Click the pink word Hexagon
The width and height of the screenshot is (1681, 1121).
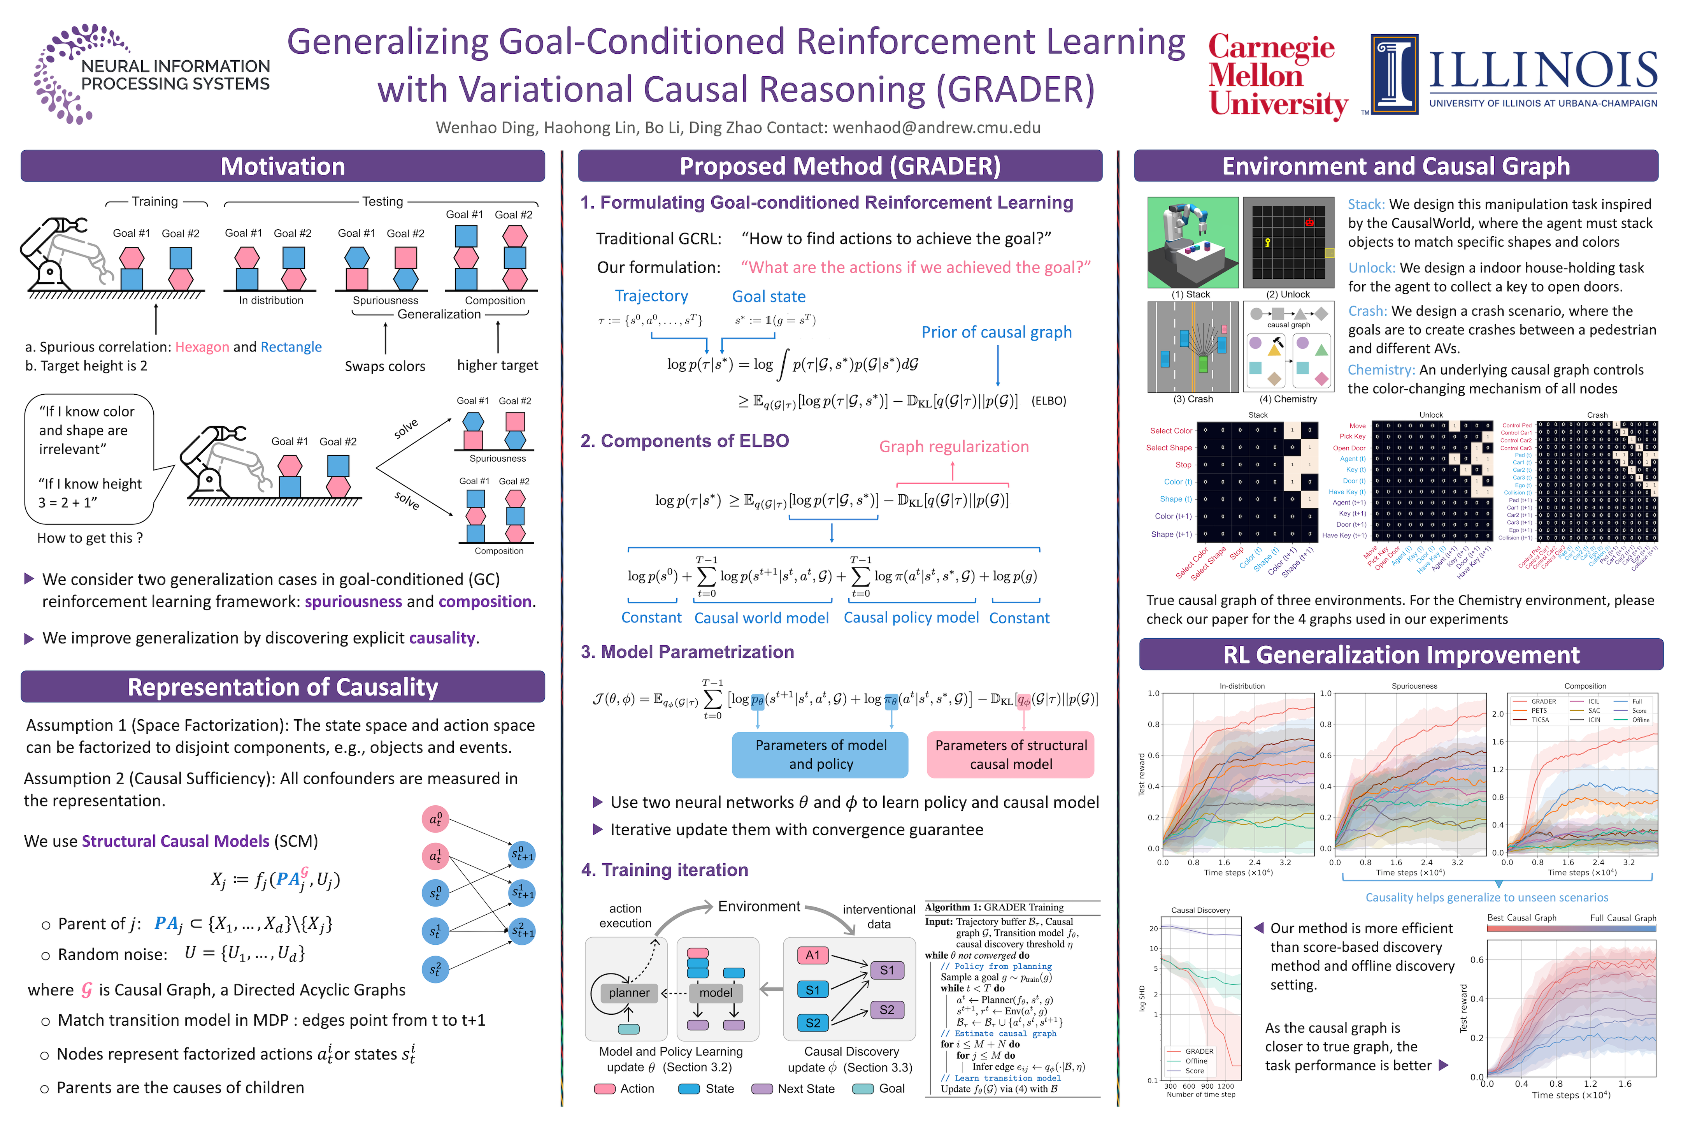click(202, 347)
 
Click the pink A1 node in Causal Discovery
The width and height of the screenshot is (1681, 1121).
click(812, 955)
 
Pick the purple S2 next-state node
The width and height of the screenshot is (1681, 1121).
click(887, 1009)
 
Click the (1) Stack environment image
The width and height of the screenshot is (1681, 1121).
click(1192, 242)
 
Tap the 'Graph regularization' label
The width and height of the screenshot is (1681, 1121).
click(953, 447)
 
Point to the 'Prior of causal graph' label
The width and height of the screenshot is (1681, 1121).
click(996, 332)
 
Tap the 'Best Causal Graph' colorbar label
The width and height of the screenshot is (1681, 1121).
click(1521, 918)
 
